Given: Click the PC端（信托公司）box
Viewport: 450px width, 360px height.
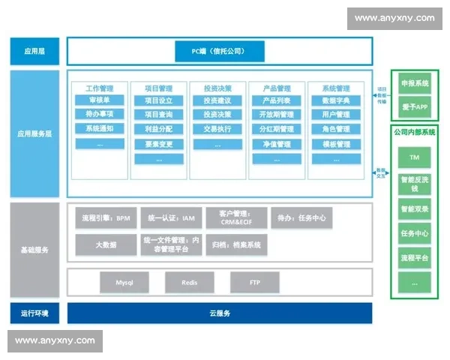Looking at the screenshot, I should pos(219,52).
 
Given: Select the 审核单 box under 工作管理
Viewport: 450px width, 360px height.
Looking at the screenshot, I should pos(99,100).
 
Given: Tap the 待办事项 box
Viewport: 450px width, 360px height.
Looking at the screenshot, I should pos(99,115).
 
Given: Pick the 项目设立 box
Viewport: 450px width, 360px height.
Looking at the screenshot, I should pos(158,100).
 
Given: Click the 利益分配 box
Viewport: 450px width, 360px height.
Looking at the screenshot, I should pos(158,129).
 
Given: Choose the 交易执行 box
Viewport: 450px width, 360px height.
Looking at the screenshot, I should pos(217,129).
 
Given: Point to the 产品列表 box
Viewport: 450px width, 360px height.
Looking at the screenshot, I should pos(276,100).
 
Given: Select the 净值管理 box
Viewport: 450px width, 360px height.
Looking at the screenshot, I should pos(276,143).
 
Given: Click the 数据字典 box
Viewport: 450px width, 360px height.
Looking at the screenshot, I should pos(335,100).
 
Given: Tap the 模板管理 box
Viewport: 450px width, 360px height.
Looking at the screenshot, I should pos(335,143).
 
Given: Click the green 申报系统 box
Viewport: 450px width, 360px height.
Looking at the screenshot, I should pos(414,83).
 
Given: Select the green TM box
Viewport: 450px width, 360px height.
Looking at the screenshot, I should pos(414,158).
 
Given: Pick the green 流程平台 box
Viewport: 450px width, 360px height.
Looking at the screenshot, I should pos(414,258).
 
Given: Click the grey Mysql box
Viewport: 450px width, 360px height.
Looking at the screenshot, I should pos(124,283).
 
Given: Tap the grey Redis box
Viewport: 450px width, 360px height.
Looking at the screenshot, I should pos(190,283).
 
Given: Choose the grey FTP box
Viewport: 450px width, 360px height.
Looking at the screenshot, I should pos(254,283).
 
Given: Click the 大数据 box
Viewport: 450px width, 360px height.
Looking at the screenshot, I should pos(105,244).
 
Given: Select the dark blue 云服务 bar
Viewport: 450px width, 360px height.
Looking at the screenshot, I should pos(219,313).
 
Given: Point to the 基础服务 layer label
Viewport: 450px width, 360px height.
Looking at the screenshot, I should pos(34,249).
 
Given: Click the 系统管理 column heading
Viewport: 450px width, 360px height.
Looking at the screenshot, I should pos(335,88).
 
